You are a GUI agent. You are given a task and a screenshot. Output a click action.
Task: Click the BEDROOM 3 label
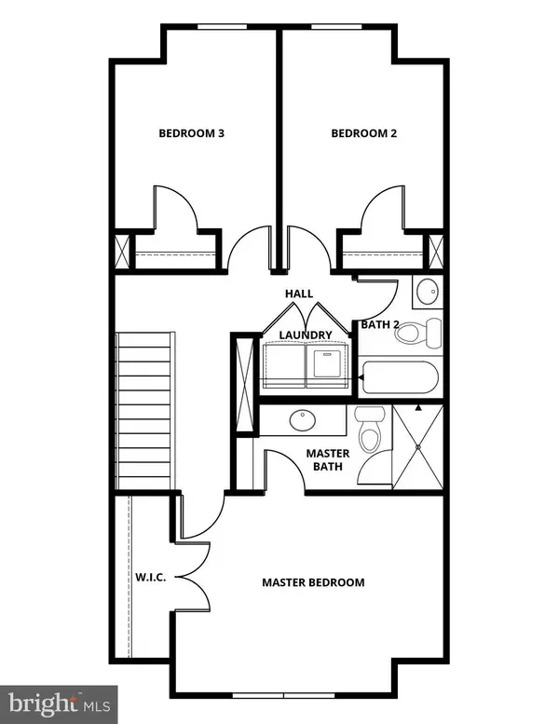tap(191, 133)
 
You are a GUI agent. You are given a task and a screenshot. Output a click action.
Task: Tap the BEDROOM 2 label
tap(364, 133)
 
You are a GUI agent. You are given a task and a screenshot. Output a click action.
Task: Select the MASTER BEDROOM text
tap(312, 582)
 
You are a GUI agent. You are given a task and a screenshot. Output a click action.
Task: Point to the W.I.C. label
tap(150, 578)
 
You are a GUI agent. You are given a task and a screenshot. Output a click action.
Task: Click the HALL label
tap(298, 294)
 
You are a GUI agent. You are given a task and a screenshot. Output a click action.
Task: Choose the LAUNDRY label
tap(306, 335)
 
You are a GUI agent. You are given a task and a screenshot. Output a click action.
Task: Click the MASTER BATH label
tap(328, 460)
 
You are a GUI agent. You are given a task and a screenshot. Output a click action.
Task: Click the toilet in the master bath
tap(370, 430)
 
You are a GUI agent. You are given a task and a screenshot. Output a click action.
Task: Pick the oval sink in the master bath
tap(302, 421)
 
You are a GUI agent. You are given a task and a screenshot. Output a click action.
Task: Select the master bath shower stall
tap(418, 447)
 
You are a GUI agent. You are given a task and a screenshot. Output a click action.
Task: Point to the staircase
tap(144, 410)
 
